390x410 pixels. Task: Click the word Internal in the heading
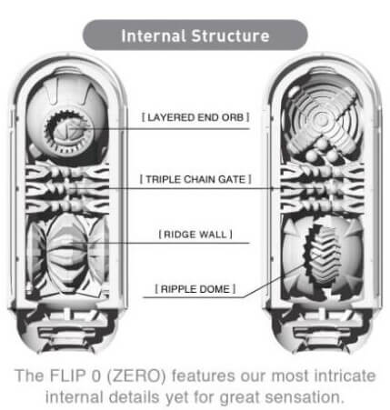(153, 35)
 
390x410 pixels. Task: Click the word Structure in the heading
(231, 35)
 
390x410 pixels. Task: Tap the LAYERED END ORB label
(195, 117)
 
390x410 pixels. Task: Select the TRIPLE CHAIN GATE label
(195, 179)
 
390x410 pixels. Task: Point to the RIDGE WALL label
(195, 235)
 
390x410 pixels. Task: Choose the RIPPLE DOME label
(195, 289)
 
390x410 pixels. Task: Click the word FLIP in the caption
(67, 375)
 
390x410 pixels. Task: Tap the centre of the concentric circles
(322, 120)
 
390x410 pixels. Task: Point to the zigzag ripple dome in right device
(322, 254)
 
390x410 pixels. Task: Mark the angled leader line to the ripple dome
(274, 282)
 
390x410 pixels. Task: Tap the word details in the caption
(134, 397)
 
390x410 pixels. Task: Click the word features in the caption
(204, 375)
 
